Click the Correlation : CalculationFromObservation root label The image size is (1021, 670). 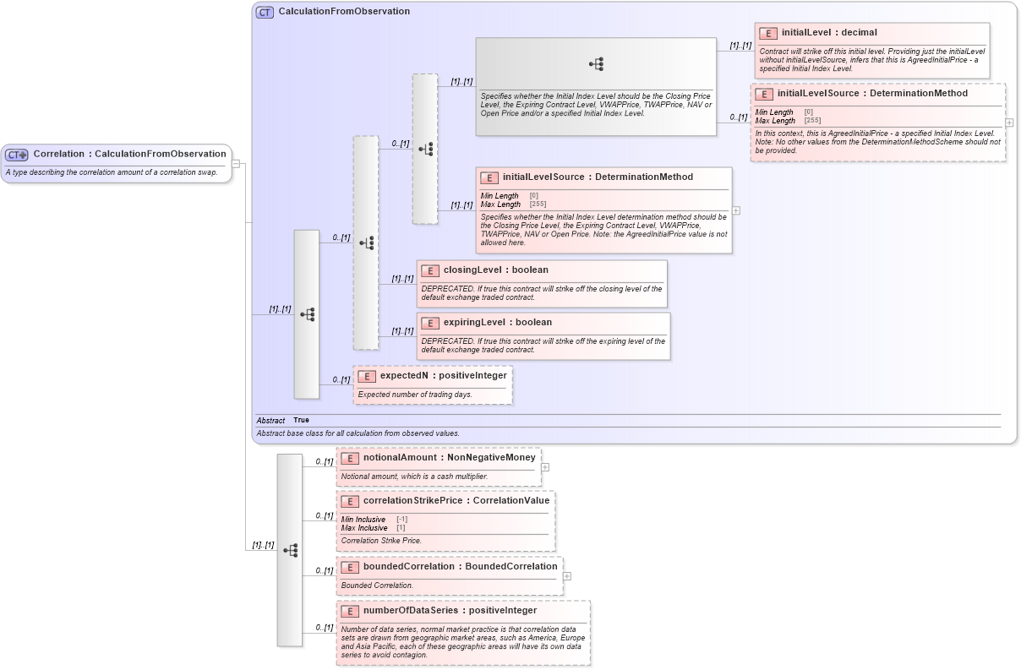[x=129, y=154]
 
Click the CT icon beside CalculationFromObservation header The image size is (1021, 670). [x=265, y=12]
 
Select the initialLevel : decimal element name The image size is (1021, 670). [x=828, y=33]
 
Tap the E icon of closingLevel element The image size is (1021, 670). [x=429, y=270]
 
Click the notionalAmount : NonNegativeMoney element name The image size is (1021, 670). [x=449, y=457]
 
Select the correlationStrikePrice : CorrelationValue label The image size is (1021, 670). [x=456, y=500]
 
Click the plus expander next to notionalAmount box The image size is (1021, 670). [x=545, y=466]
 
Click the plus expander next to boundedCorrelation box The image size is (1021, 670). [x=566, y=576]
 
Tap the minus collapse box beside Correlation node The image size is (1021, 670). [x=236, y=164]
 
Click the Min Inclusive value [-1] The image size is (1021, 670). [x=401, y=519]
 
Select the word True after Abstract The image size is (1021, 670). [x=301, y=420]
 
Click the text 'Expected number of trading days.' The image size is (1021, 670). [x=414, y=395]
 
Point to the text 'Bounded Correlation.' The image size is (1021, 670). [x=377, y=586]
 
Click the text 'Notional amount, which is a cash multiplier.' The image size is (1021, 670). [x=414, y=477]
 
